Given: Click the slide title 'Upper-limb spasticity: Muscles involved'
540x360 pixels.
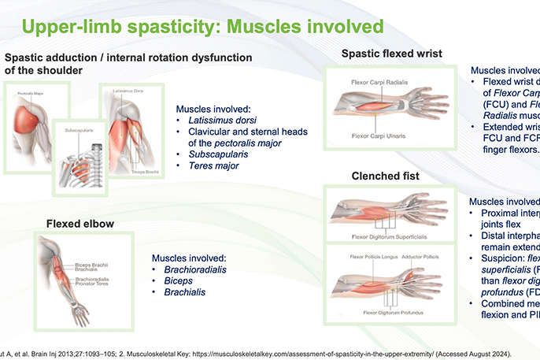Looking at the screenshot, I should pos(202,27).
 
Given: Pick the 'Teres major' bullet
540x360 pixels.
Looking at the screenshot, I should pos(213,166).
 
